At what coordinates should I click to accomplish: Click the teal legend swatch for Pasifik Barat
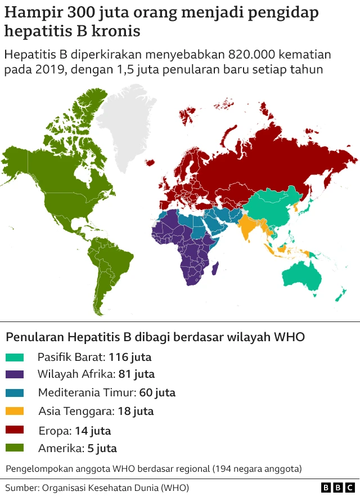coord(15,357)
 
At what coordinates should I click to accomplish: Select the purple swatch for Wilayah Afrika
coord(15,374)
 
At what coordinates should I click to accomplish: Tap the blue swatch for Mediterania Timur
coord(15,392)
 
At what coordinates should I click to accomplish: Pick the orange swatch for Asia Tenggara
coord(15,411)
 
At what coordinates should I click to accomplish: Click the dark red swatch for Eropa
coord(15,430)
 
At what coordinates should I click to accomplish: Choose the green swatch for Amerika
coord(15,448)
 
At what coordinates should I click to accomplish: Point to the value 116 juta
coord(130,357)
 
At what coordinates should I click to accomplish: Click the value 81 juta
coord(137,374)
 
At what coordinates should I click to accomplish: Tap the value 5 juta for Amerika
coord(102,448)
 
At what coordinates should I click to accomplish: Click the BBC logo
coord(337,487)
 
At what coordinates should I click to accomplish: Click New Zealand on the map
coord(339,294)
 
